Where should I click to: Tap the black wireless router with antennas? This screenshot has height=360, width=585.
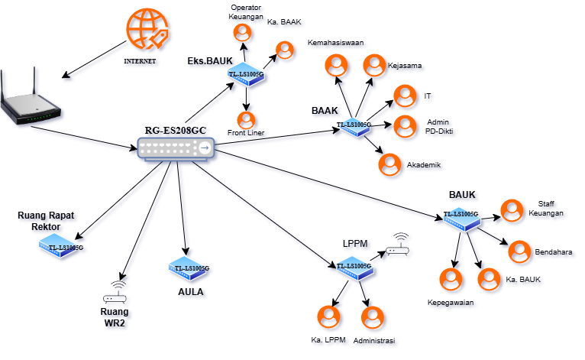[x=30, y=100]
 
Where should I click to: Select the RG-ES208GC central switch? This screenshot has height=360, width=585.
[x=176, y=149]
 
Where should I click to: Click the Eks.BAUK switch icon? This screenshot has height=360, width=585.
[x=246, y=74]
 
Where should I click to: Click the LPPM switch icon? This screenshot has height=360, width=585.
[x=353, y=266]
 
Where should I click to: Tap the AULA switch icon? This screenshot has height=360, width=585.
[x=188, y=268]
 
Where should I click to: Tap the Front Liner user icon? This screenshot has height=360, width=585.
[x=246, y=120]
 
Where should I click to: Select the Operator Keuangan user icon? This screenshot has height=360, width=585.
[x=243, y=32]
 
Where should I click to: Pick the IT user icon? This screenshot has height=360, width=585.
[x=402, y=96]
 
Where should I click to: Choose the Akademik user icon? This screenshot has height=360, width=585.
[x=389, y=164]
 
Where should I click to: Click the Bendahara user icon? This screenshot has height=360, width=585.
[x=520, y=251]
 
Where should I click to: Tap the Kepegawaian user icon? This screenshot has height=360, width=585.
[x=451, y=280]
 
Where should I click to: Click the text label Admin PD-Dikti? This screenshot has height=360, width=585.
[x=438, y=127]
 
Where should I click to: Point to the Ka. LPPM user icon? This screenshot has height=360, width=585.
[x=328, y=316]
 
